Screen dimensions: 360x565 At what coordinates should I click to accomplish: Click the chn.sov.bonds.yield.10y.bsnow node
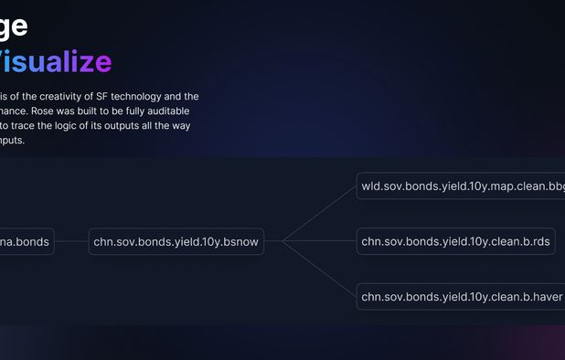(x=176, y=242)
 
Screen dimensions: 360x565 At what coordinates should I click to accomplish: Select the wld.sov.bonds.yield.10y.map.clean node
(x=462, y=186)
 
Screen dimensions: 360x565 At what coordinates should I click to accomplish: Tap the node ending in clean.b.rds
(x=455, y=242)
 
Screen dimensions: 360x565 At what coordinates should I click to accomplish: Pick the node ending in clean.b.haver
(x=460, y=296)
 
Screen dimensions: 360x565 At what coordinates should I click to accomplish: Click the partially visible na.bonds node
(x=26, y=242)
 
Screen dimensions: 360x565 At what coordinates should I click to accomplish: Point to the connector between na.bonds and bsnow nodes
(x=71, y=242)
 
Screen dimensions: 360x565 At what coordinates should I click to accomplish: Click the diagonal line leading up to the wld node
(x=320, y=214)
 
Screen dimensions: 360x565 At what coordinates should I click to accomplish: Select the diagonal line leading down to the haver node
(x=320, y=270)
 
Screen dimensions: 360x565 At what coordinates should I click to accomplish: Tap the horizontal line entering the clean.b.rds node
(x=320, y=242)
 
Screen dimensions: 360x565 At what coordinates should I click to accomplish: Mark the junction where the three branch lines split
(x=283, y=242)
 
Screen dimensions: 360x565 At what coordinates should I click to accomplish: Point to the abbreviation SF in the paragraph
(x=102, y=96)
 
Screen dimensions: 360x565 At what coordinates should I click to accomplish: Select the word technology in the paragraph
(x=139, y=96)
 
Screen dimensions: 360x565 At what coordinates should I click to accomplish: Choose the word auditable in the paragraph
(x=173, y=111)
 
